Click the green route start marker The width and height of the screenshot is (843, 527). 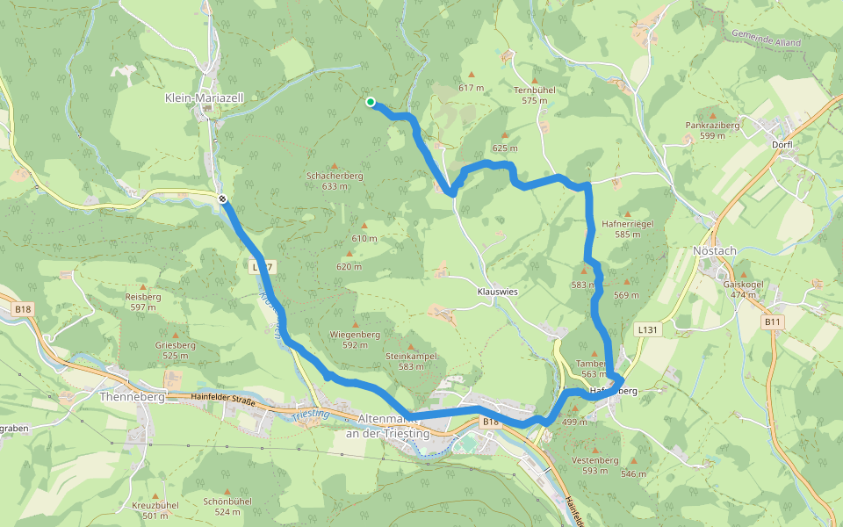coord(371,103)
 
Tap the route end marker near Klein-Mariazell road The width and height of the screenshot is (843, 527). coord(224,199)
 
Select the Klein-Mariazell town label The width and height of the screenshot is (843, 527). coord(198,98)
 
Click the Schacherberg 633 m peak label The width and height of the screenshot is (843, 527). coord(335,180)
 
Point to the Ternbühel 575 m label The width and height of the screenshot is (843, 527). coord(534,95)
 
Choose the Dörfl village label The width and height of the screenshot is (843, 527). coord(782,144)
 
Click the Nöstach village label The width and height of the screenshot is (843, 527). coord(714,251)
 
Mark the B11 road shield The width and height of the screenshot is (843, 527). coord(771,322)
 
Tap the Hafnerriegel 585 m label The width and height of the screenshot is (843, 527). coord(628,229)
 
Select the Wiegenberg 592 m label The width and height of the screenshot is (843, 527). coord(354,339)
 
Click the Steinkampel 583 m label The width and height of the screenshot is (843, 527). coord(411,360)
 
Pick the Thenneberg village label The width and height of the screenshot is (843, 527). coord(133,396)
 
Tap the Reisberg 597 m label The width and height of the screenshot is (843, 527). coord(143,301)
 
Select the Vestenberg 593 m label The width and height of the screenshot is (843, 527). coord(594,465)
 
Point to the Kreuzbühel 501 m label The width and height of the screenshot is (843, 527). coord(155,510)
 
